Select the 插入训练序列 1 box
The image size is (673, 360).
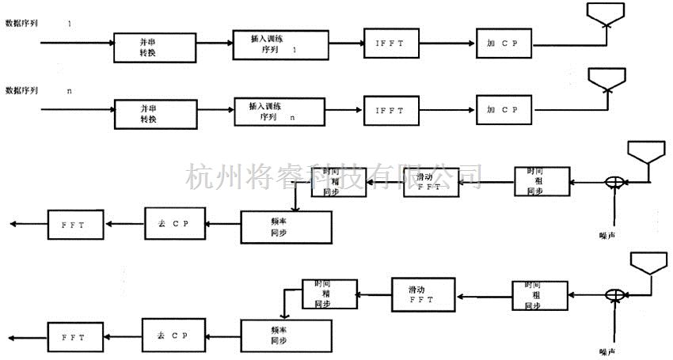[280, 45]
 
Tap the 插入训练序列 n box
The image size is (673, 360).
[280, 111]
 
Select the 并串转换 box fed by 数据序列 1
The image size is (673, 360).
[154, 47]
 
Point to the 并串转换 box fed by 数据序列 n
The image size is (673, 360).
[154, 113]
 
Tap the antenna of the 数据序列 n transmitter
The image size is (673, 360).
[606, 79]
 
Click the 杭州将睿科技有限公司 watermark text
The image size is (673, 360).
[333, 176]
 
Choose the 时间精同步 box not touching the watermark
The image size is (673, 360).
[328, 294]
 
